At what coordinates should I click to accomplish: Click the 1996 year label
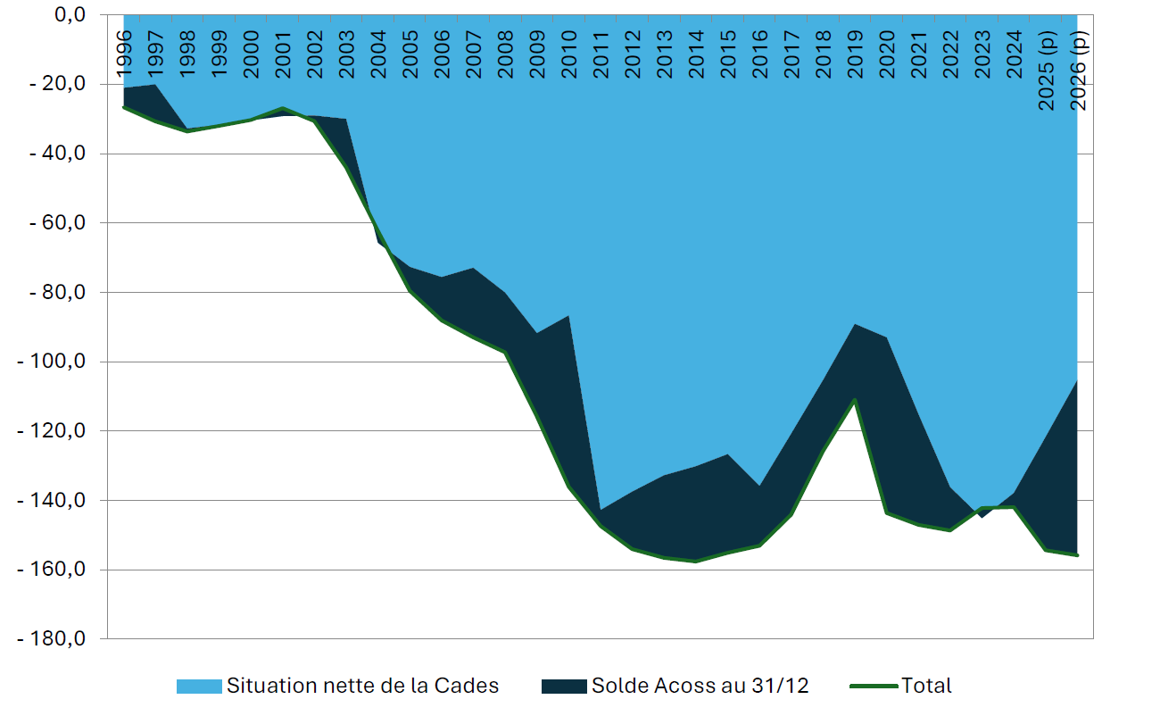[124, 51]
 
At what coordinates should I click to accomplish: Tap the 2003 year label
[346, 51]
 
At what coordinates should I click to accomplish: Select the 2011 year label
[600, 51]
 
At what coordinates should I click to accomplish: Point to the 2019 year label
[854, 51]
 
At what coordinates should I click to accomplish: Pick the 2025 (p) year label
[1046, 70]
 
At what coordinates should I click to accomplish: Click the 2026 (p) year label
[1078, 70]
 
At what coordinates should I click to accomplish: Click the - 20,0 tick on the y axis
[58, 84]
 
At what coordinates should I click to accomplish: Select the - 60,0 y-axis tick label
[58, 222]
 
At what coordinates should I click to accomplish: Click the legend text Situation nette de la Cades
[362, 686]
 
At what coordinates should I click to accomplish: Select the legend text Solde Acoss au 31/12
[700, 686]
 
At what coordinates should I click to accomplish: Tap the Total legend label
[926, 686]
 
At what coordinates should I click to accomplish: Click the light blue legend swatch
[198, 687]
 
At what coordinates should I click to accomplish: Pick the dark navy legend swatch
[563, 687]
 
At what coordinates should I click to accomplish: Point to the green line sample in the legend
[874, 687]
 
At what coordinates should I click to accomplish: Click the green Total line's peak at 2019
[855, 399]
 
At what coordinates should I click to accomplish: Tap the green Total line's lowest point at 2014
[695, 561]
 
